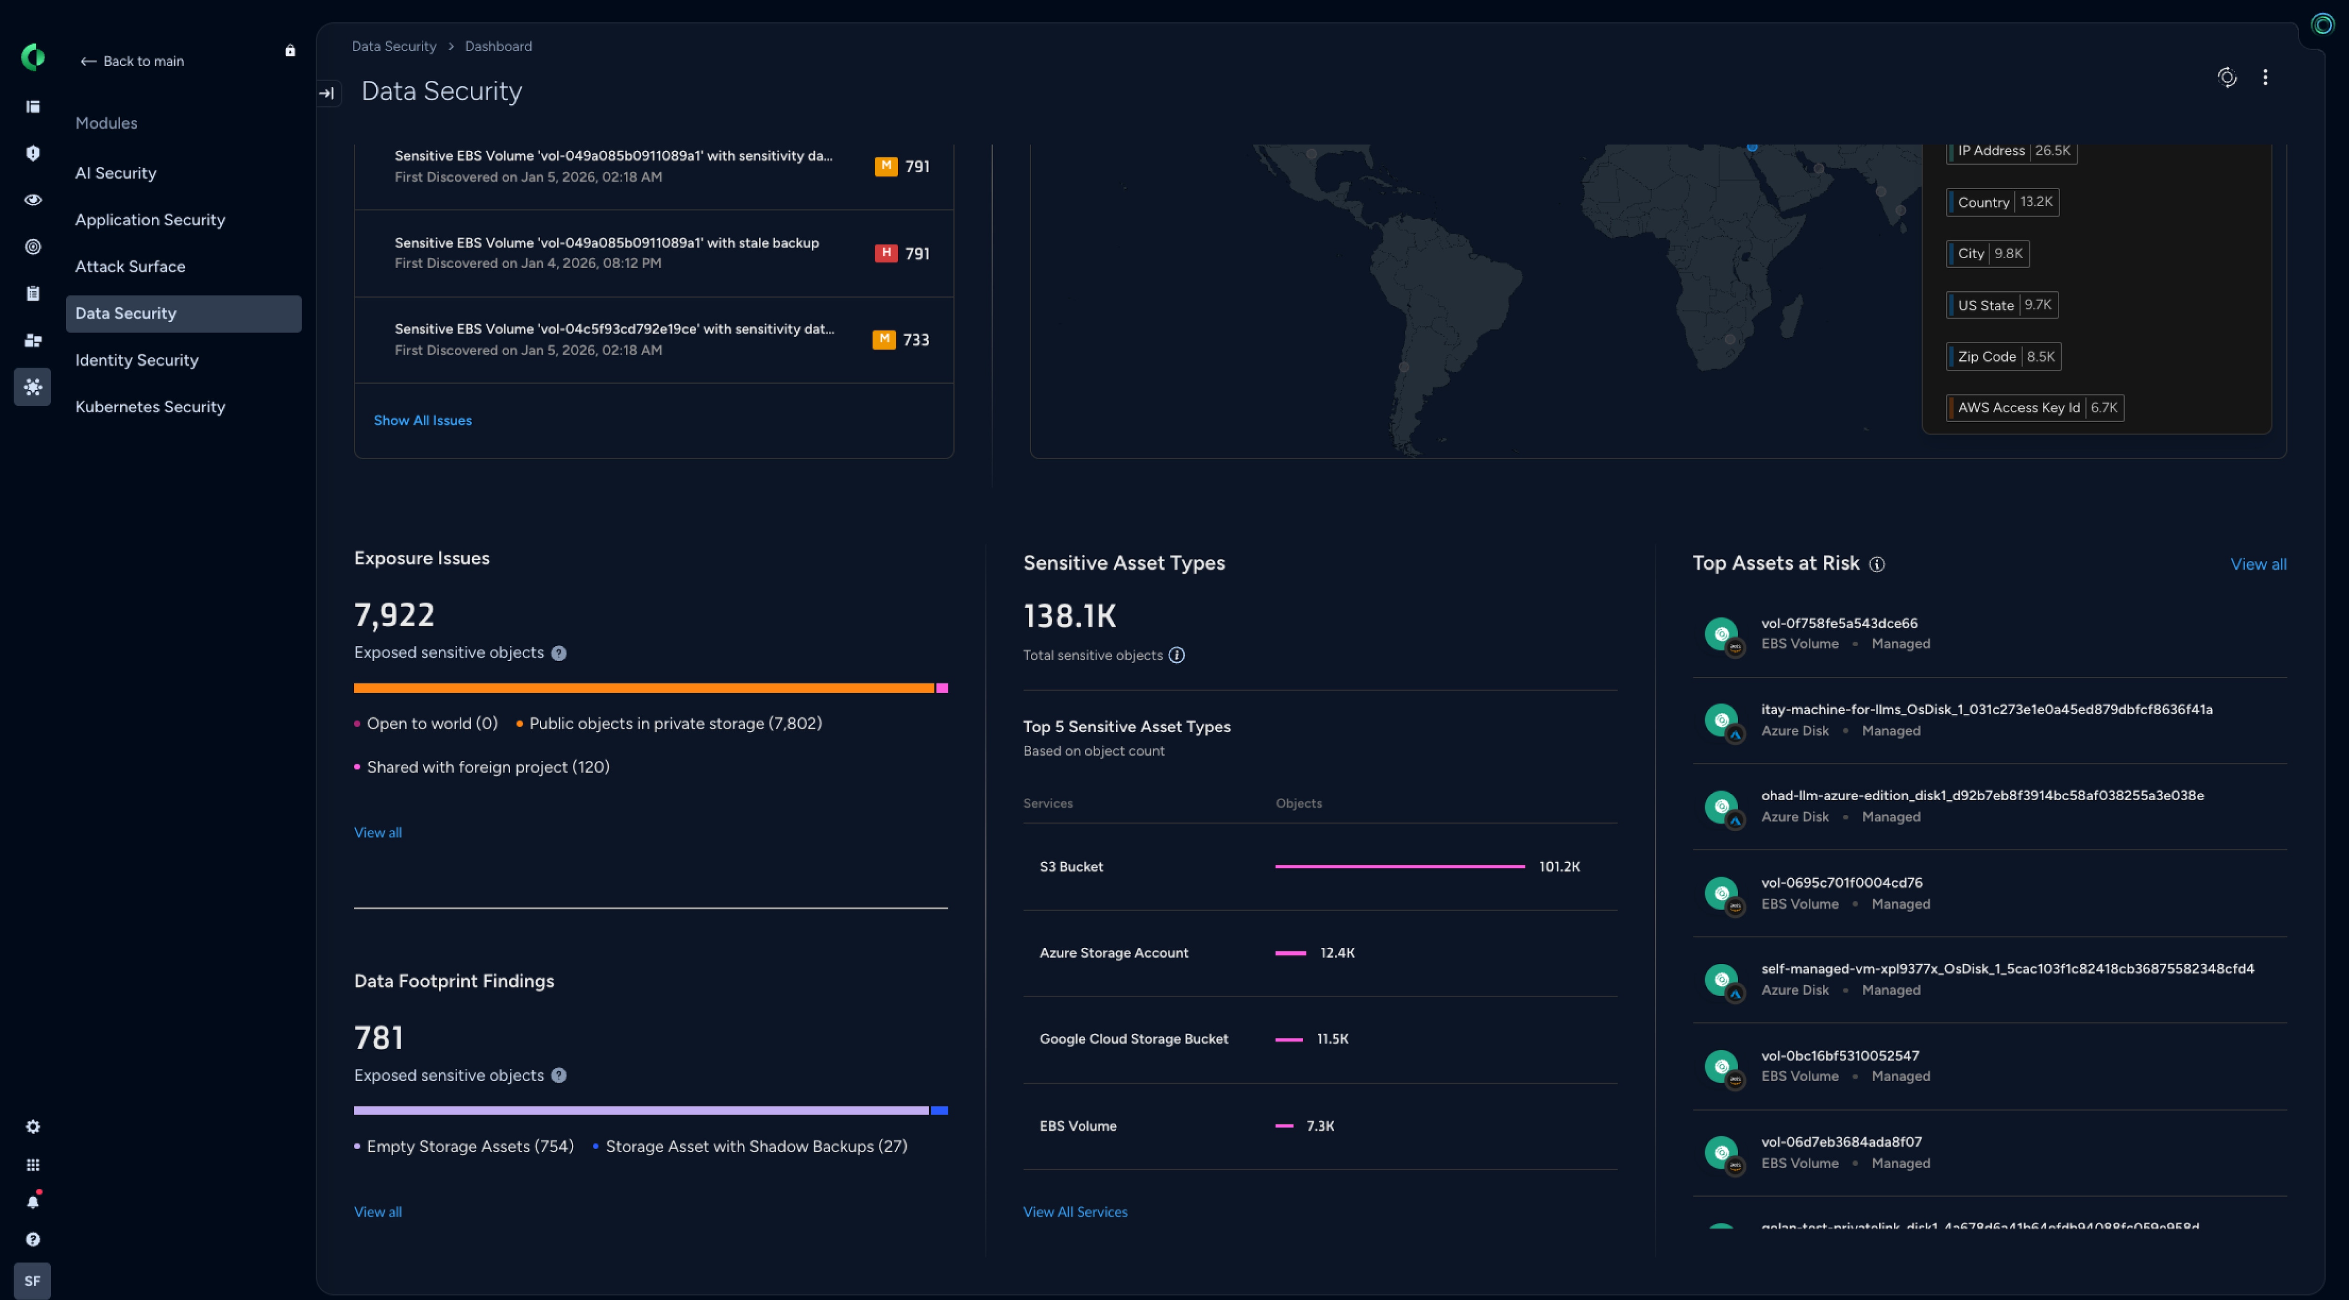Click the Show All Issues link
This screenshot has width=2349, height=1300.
click(x=422, y=420)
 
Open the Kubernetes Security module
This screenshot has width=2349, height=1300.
click(x=149, y=407)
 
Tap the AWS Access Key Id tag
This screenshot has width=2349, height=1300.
click(x=2034, y=408)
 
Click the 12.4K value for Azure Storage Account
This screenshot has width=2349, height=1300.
click(x=1337, y=952)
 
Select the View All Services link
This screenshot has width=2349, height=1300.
click(x=1075, y=1212)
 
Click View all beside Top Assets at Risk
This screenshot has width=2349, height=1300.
click(x=2258, y=565)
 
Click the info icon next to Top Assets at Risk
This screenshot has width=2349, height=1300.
click(x=1877, y=565)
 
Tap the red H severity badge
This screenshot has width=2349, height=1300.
click(x=886, y=253)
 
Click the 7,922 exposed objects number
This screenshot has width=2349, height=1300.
click(x=394, y=615)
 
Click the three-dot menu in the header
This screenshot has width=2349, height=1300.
click(x=2265, y=77)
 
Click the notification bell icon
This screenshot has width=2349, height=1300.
click(x=33, y=1201)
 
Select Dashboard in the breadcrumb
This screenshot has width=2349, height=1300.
click(x=498, y=46)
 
